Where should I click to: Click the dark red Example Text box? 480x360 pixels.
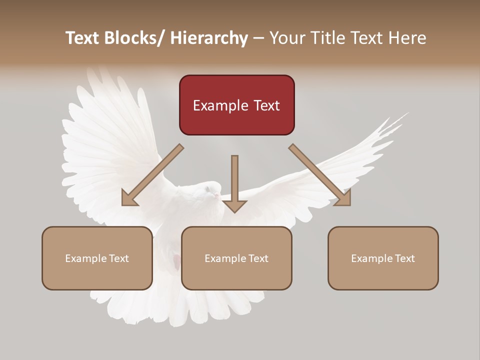(x=236, y=105)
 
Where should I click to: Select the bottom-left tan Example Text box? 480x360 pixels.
(x=97, y=258)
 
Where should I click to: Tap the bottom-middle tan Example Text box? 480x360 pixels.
(x=236, y=258)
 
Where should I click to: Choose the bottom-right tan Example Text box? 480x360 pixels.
(x=383, y=258)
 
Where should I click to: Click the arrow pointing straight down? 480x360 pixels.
(x=234, y=182)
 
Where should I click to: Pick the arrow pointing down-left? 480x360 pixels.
(x=153, y=175)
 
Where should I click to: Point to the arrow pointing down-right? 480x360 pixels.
(x=320, y=175)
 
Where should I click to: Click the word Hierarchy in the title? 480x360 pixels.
(x=209, y=38)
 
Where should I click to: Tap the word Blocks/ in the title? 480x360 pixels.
(x=132, y=38)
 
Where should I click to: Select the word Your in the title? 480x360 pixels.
(x=286, y=38)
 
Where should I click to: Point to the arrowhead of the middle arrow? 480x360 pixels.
(x=234, y=205)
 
